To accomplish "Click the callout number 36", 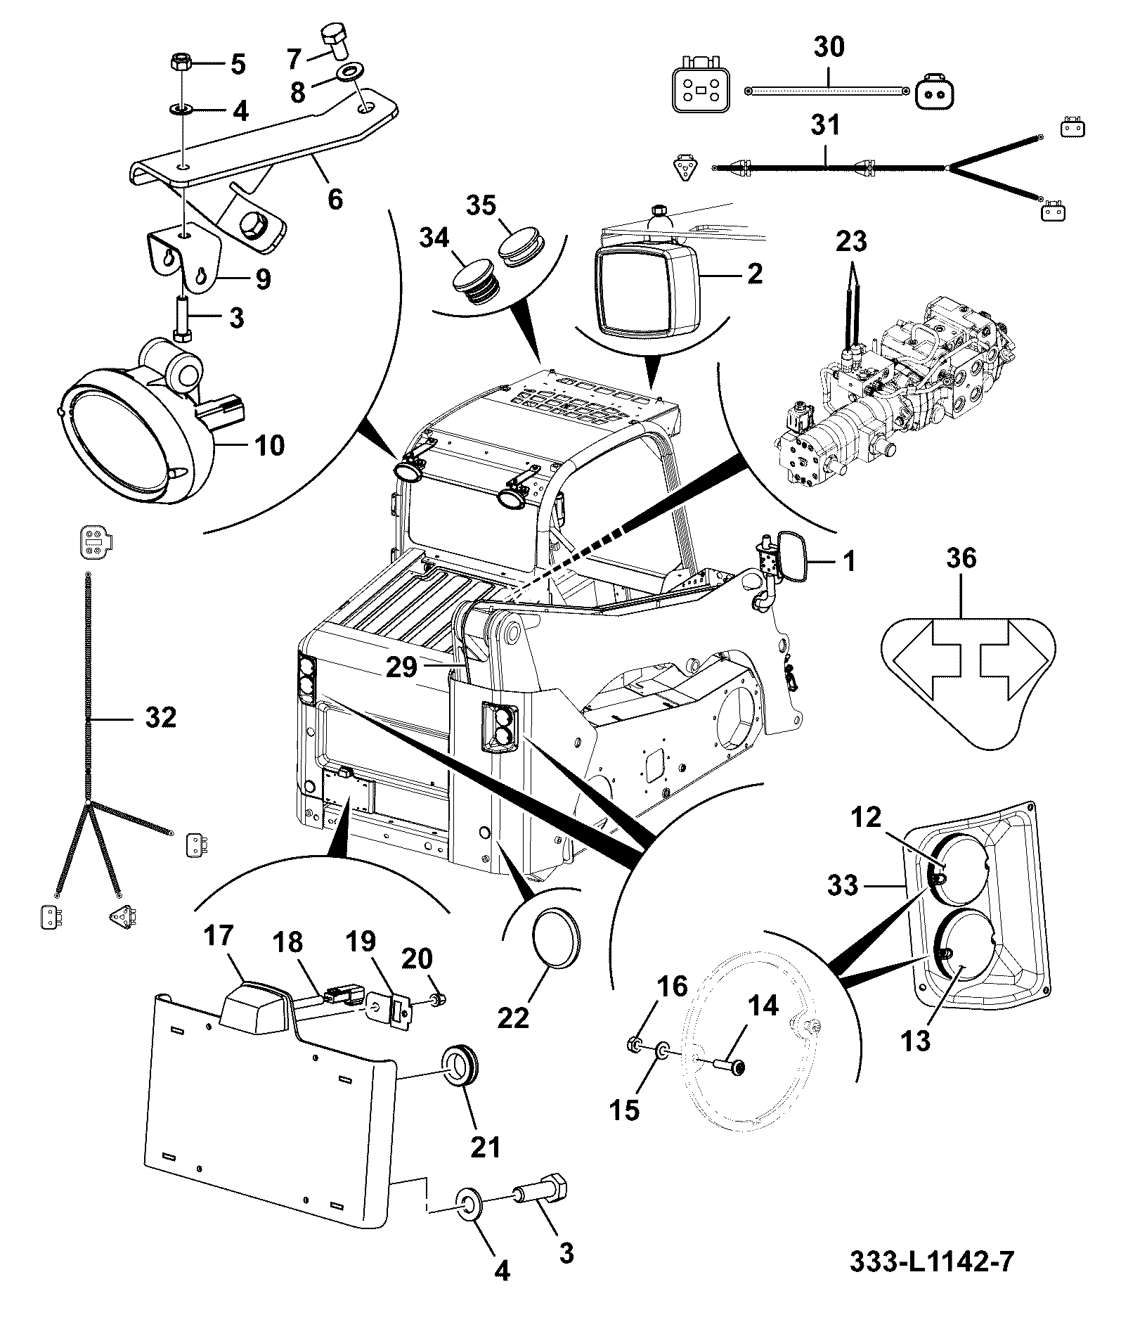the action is click(961, 558).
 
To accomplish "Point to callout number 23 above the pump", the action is click(851, 242).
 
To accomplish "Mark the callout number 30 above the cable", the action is click(829, 47).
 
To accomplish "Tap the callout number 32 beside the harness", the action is click(160, 719).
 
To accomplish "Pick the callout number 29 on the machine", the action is click(402, 667).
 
